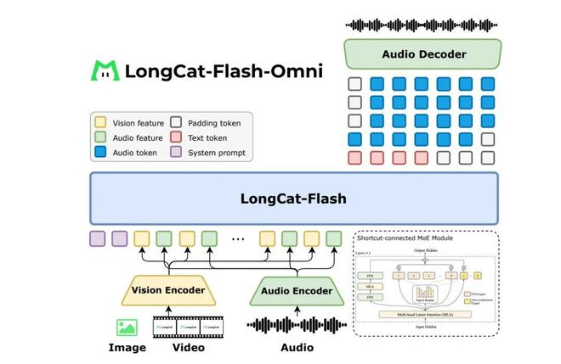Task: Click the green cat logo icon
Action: pos(105,70)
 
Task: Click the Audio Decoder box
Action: pos(423,54)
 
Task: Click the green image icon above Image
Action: pos(127,326)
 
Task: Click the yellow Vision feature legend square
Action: pos(100,123)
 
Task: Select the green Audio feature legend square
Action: pos(100,138)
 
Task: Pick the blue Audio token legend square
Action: pos(100,154)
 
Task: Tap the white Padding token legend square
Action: pos(178,123)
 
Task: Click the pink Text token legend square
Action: pos(178,138)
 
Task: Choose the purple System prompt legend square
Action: pos(178,154)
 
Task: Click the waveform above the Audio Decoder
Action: pos(422,24)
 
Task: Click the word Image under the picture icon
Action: pos(127,347)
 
